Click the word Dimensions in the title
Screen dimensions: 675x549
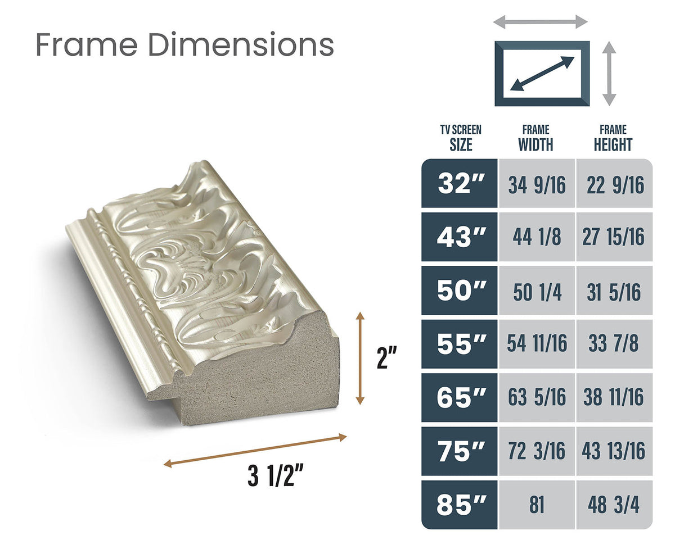click(241, 44)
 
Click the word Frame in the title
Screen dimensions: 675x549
click(87, 44)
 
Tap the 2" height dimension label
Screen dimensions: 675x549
click(387, 358)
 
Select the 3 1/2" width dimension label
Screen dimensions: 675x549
click(276, 475)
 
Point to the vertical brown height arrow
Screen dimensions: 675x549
click(360, 358)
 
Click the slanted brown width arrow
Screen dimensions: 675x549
click(255, 451)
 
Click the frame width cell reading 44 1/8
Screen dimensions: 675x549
click(537, 237)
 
